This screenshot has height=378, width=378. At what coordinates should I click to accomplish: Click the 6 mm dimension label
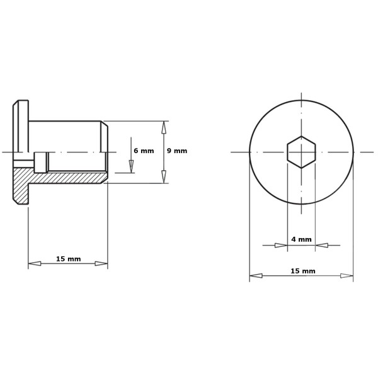point(144,151)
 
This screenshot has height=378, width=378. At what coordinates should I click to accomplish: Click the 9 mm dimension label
point(177,151)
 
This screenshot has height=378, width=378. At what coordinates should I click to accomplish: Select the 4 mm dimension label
point(301,239)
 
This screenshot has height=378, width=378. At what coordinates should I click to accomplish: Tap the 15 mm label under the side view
point(69,259)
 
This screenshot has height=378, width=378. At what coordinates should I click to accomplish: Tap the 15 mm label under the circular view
point(303,271)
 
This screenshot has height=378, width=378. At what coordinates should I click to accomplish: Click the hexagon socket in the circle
point(301,152)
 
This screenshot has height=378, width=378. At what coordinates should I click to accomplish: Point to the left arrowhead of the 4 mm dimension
point(281,246)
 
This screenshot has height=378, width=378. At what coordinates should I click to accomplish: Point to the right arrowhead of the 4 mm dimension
point(321,246)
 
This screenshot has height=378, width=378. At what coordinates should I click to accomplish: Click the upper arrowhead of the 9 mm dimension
point(164,127)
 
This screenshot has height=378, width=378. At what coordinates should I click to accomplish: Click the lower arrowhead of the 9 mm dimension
point(164,176)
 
